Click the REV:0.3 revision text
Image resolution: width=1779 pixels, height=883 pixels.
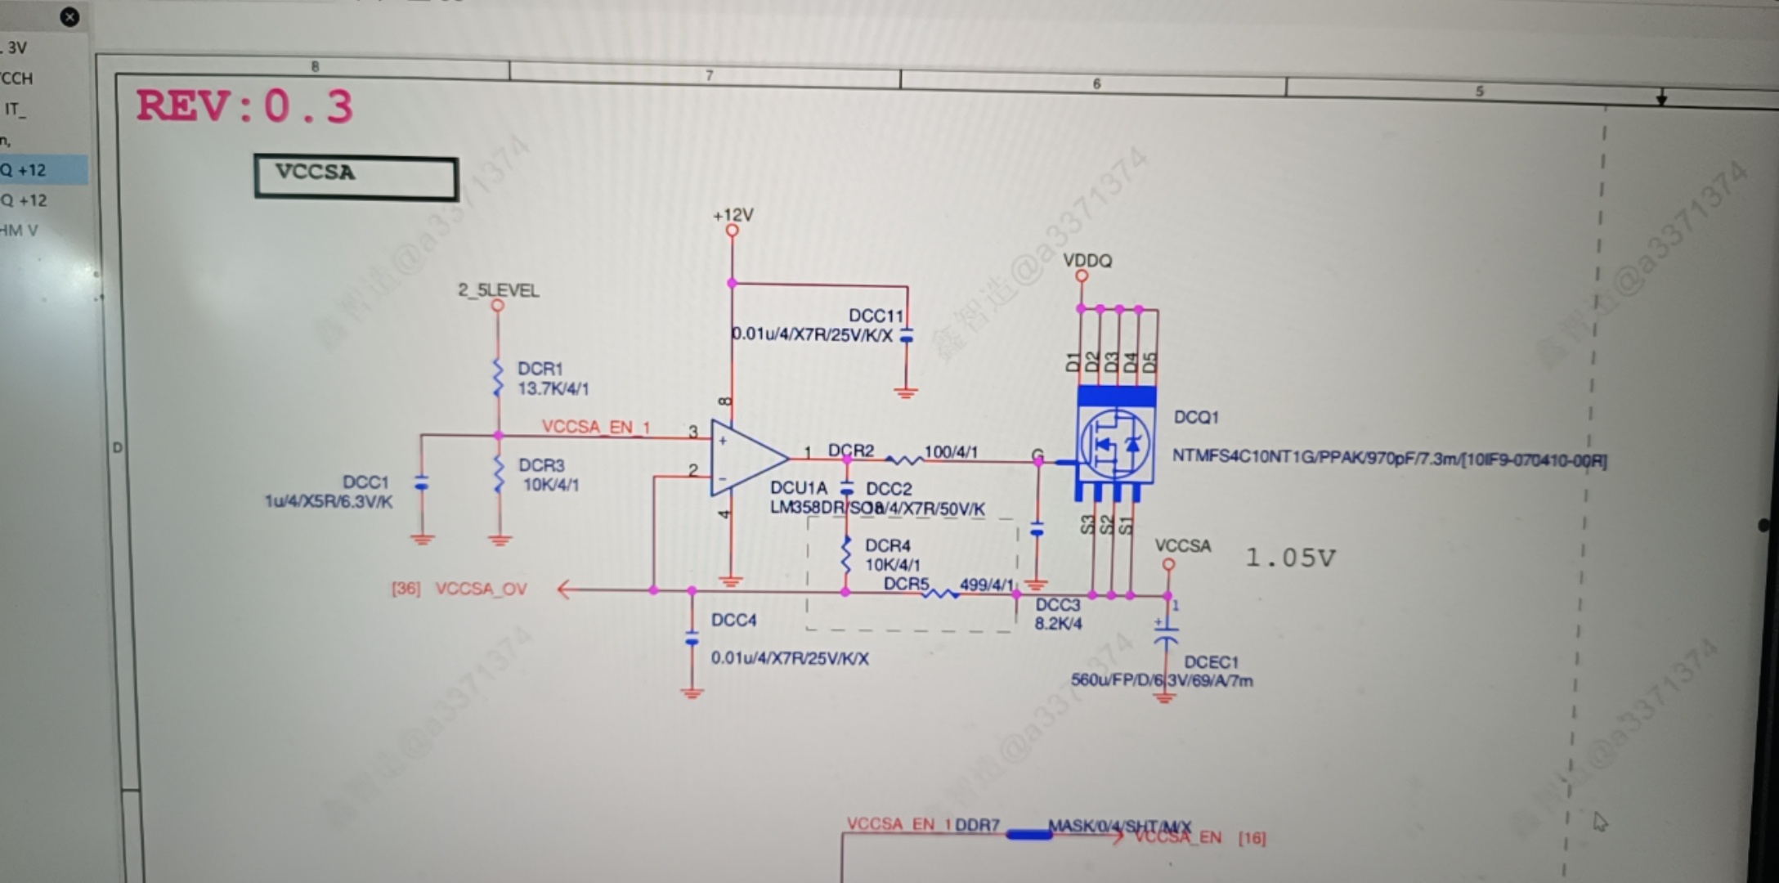tap(244, 106)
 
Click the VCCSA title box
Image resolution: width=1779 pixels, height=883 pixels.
tap(356, 177)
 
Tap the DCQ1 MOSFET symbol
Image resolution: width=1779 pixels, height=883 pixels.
tap(1115, 444)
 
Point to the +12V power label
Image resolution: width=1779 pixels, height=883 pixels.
tap(733, 215)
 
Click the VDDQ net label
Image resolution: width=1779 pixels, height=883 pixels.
tap(1087, 261)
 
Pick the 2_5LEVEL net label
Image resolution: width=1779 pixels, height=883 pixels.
tap(498, 290)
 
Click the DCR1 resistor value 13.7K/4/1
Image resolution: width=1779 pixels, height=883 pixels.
tap(553, 388)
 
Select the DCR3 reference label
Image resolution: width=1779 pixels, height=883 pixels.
tap(541, 465)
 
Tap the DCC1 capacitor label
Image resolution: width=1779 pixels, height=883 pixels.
tap(365, 482)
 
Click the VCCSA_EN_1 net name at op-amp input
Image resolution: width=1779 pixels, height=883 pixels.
tap(595, 427)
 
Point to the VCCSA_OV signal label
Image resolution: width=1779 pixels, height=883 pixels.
tap(481, 589)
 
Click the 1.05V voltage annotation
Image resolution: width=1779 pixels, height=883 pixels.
tap(1289, 558)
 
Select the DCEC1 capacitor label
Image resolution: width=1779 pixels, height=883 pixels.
tap(1211, 661)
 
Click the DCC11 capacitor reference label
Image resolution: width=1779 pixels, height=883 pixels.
tap(876, 316)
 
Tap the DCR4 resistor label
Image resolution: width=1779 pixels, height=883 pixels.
tap(887, 545)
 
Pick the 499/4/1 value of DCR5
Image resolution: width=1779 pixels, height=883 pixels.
tap(986, 585)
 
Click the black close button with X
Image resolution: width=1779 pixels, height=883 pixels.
tap(70, 16)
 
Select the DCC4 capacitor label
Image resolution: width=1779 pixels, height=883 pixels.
tap(733, 621)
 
